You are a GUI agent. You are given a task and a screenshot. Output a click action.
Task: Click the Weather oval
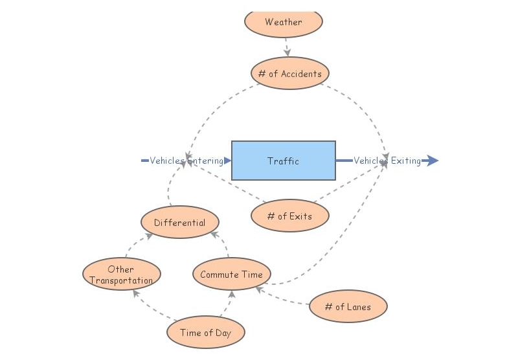tap(283, 21)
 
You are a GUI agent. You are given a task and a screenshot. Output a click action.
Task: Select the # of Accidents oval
tap(289, 73)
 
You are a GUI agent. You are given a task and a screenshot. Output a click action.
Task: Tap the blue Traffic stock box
tap(283, 161)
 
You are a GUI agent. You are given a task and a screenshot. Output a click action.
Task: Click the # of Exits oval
tap(289, 216)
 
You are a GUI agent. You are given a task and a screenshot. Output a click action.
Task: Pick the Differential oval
tap(179, 223)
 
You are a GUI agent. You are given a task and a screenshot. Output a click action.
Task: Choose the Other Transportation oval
tap(121, 275)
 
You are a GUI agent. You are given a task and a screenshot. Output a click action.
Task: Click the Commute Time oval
tap(231, 275)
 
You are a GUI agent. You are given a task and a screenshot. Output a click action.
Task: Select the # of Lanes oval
tap(348, 306)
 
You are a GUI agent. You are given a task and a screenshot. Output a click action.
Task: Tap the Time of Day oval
tap(205, 333)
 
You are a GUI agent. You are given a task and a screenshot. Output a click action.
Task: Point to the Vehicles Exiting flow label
tap(387, 161)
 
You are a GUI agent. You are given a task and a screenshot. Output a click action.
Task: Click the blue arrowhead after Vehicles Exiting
tap(432, 161)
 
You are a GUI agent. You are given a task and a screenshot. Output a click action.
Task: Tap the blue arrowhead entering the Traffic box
tap(227, 161)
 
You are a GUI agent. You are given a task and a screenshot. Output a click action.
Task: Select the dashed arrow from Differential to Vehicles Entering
tap(171, 188)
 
